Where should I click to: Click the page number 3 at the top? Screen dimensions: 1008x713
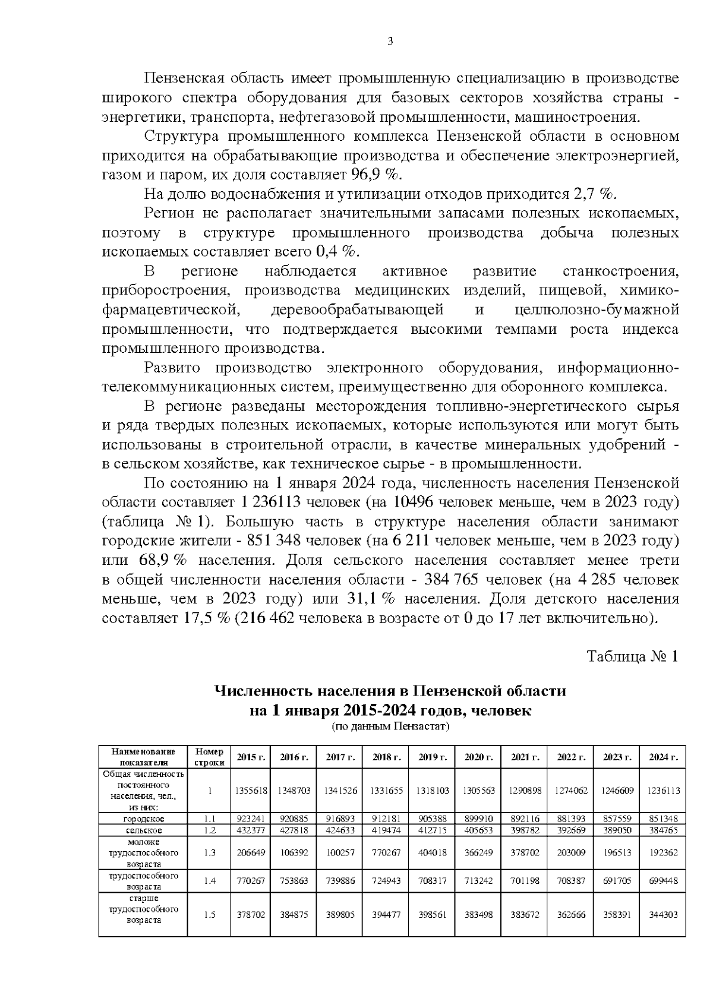[390, 41]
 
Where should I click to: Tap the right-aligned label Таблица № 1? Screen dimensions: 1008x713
[632, 656]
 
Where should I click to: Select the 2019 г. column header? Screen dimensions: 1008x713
[432, 757]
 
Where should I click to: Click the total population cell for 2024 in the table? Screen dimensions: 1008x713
[664, 791]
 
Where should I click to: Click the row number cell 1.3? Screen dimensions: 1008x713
[209, 852]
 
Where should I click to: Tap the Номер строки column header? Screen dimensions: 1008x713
[209, 757]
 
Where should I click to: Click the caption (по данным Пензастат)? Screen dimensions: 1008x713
[390, 726]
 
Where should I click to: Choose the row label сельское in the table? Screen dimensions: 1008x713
[143, 830]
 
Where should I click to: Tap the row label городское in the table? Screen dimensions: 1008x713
[143, 819]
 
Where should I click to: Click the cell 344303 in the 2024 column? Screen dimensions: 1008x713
[664, 915]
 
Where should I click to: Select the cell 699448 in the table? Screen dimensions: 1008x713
[664, 881]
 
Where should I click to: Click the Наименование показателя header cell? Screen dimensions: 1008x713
[143, 757]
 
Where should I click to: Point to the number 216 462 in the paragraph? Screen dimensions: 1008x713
[266, 618]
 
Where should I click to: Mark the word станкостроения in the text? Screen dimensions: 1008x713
[620, 271]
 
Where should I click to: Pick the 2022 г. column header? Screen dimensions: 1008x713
[571, 757]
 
